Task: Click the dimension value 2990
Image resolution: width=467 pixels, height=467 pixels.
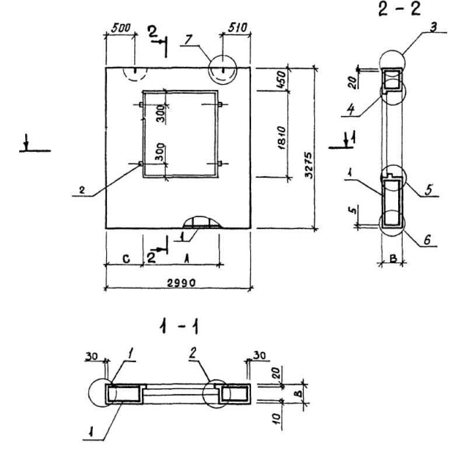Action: pos(179,282)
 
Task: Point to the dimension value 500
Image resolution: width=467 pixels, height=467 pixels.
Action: pos(120,27)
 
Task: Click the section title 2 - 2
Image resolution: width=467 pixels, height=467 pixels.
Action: pos(399,10)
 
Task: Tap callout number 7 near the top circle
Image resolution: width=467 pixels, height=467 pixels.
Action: pos(187,39)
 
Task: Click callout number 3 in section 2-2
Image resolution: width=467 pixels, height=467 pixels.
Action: pos(433,28)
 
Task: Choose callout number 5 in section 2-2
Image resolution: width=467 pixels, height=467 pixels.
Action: pos(428,190)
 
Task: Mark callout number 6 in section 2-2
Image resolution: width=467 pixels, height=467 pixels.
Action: pos(429,239)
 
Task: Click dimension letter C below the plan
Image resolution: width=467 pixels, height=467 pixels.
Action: pos(126,259)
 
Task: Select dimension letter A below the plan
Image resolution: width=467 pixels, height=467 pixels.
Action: pos(187,257)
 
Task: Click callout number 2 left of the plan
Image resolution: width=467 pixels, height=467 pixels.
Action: pos(82,190)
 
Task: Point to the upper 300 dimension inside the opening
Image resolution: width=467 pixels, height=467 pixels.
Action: pos(160,114)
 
